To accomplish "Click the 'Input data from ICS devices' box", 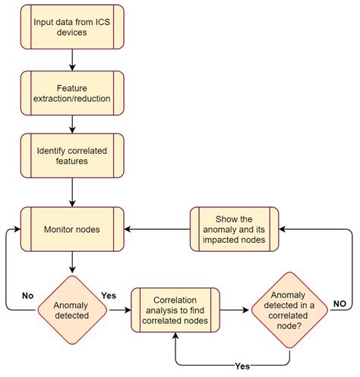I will [x=71, y=28].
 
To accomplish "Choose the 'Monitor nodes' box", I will [x=71, y=228].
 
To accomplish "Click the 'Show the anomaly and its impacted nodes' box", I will [x=234, y=228].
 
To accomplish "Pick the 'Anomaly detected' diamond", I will [x=71, y=309].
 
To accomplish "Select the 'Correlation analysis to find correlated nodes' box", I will [x=175, y=309].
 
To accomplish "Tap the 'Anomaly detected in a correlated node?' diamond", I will [x=291, y=309].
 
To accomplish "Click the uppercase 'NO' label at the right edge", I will [x=341, y=303].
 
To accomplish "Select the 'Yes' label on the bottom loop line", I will [x=242, y=366].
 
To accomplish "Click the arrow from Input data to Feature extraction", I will [x=71, y=59].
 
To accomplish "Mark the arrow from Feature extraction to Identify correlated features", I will [x=71, y=124].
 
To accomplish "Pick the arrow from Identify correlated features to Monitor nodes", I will [x=71, y=193].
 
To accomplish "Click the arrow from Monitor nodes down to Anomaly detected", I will [x=71, y=262].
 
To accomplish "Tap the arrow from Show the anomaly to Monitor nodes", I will [x=156, y=228].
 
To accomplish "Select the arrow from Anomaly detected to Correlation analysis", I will [x=118, y=309].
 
